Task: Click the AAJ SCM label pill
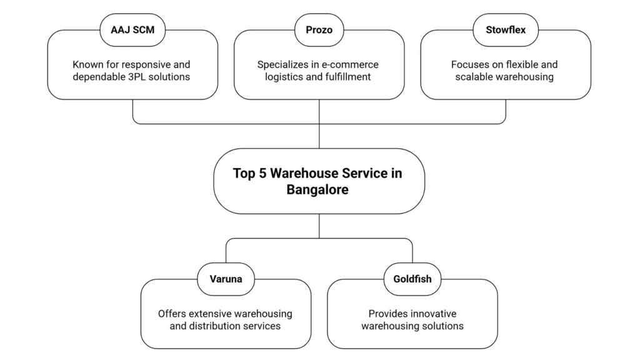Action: pos(132,30)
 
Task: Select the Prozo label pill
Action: pos(319,30)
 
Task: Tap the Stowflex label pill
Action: pos(505,30)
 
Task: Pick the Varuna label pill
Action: pos(226,279)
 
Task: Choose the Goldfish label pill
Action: pos(412,279)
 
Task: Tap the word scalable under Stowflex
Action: pos(478,77)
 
